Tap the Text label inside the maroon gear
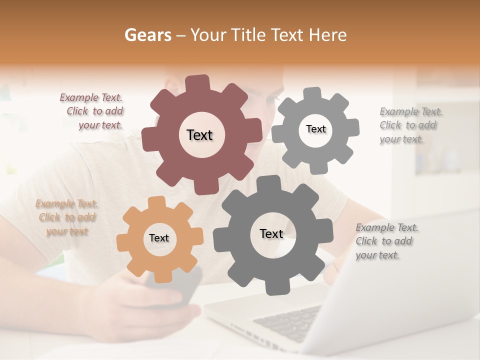coord(199,135)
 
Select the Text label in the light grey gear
coord(315,129)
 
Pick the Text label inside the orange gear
coord(159,238)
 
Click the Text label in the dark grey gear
coord(271,233)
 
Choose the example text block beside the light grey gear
coord(410,125)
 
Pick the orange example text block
coord(66,217)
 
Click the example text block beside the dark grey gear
coord(386,241)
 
